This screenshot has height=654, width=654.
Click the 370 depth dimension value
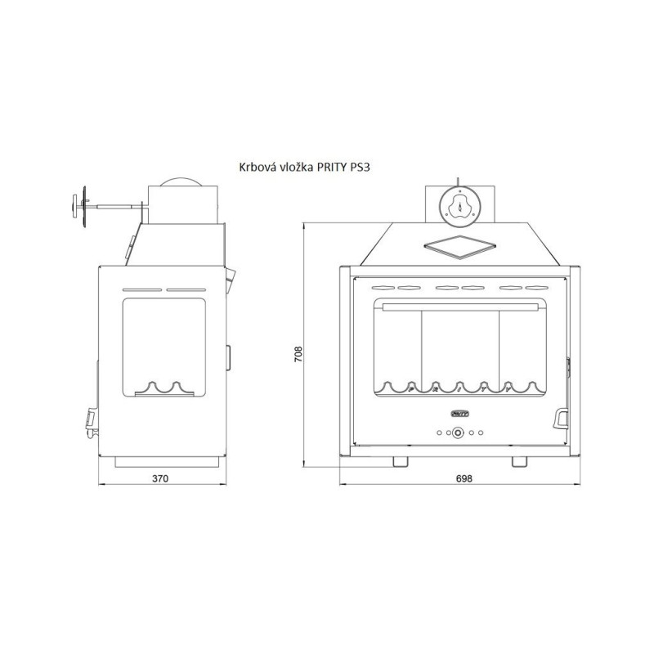[160, 478]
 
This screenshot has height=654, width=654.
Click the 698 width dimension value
[464, 478]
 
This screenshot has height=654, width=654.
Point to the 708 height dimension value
[298, 354]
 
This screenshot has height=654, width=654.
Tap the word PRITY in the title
[332, 168]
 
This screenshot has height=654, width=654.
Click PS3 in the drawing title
[360, 168]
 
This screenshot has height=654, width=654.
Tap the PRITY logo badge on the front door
[459, 414]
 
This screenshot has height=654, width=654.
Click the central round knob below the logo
[458, 433]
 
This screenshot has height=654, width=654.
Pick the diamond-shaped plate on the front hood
[459, 247]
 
